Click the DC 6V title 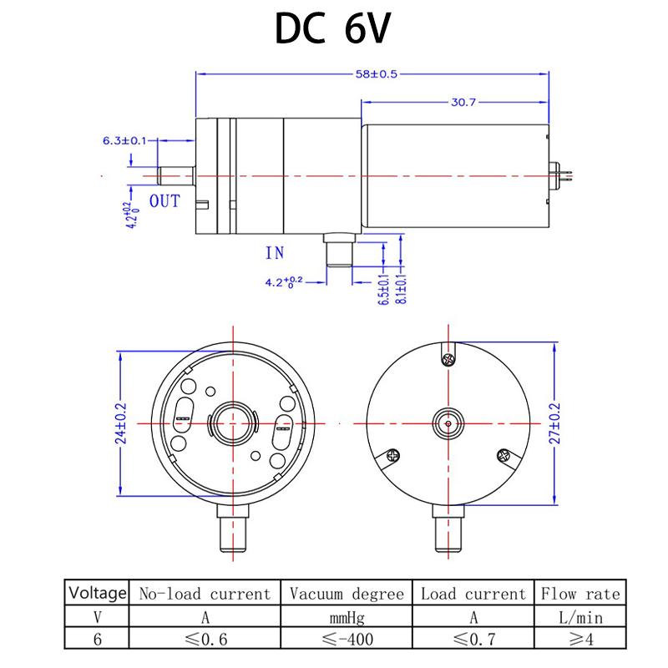[x=332, y=28]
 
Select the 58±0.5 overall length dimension [x=377, y=74]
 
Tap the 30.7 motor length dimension [x=463, y=102]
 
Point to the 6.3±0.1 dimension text [x=124, y=140]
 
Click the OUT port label [x=164, y=201]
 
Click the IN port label [x=275, y=253]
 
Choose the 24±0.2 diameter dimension [x=121, y=423]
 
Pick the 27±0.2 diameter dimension [x=554, y=423]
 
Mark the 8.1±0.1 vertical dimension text [x=402, y=289]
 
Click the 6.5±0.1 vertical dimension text [x=384, y=289]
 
